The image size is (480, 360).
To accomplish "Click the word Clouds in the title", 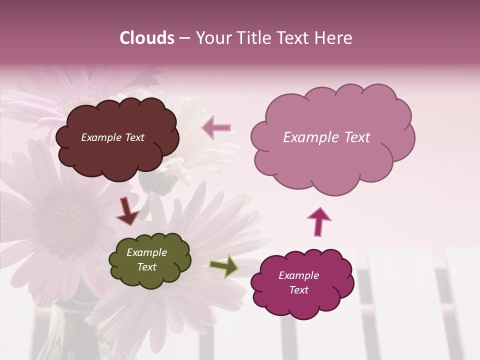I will [147, 38].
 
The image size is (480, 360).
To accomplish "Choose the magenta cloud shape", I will [298, 305].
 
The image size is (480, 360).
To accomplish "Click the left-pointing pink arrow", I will [217, 128].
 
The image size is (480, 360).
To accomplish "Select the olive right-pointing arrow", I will [224, 266].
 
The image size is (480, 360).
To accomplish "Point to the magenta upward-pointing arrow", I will [318, 221].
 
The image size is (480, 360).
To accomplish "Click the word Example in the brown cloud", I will [100, 137].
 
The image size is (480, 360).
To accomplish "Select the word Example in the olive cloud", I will [147, 252].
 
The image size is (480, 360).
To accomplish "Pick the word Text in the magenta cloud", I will [298, 290].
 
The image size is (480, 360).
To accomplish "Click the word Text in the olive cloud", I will [147, 267].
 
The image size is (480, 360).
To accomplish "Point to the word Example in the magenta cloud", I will [298, 275].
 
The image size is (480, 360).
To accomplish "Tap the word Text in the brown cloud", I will [133, 137].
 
